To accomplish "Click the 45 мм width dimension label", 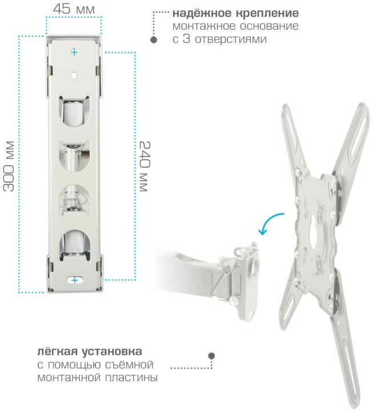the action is [x=74, y=9].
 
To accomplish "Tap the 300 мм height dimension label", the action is [x=9, y=167].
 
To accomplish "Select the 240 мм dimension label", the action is [x=144, y=167].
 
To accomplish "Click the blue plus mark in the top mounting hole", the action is [x=74, y=52].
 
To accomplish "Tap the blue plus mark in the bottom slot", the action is [x=75, y=280].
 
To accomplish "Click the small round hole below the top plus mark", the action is [x=74, y=76].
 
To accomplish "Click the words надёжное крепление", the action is [x=236, y=13].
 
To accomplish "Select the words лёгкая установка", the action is [x=90, y=352].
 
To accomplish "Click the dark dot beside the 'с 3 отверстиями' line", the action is [x=154, y=40].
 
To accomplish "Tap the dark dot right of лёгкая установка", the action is [x=211, y=356].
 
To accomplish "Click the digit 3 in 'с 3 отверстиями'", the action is [x=186, y=39].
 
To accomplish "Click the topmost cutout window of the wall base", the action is [x=74, y=111].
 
